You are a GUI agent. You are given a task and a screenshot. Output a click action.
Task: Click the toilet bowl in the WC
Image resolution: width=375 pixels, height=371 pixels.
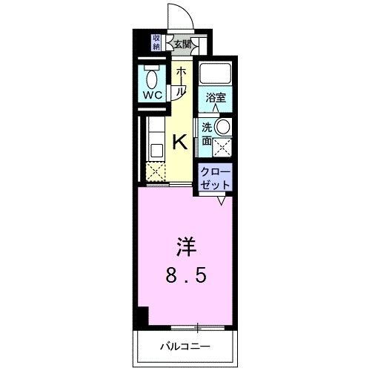coord(153,78)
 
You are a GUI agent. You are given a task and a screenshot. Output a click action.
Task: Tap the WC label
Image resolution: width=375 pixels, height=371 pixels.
coord(153,96)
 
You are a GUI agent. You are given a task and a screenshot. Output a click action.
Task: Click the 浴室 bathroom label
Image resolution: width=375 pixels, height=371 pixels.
coord(216,97)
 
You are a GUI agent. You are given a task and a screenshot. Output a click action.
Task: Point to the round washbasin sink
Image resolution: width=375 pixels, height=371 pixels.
coord(222,127)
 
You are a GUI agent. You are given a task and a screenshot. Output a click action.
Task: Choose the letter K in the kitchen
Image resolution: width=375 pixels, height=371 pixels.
coord(179,142)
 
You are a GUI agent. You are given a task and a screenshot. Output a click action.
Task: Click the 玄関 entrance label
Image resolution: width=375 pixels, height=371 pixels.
coord(183,45)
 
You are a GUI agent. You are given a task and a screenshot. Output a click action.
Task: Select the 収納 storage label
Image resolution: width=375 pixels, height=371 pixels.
coord(157,42)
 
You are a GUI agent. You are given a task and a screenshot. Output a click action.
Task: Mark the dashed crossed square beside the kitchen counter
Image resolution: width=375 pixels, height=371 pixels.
coord(156,170)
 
